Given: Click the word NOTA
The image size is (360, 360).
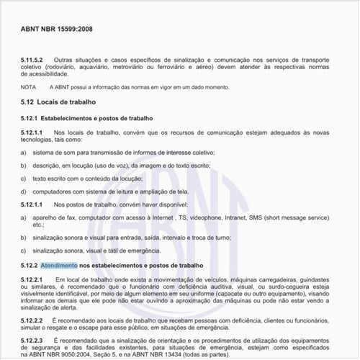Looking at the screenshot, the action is click(x=30, y=86).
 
